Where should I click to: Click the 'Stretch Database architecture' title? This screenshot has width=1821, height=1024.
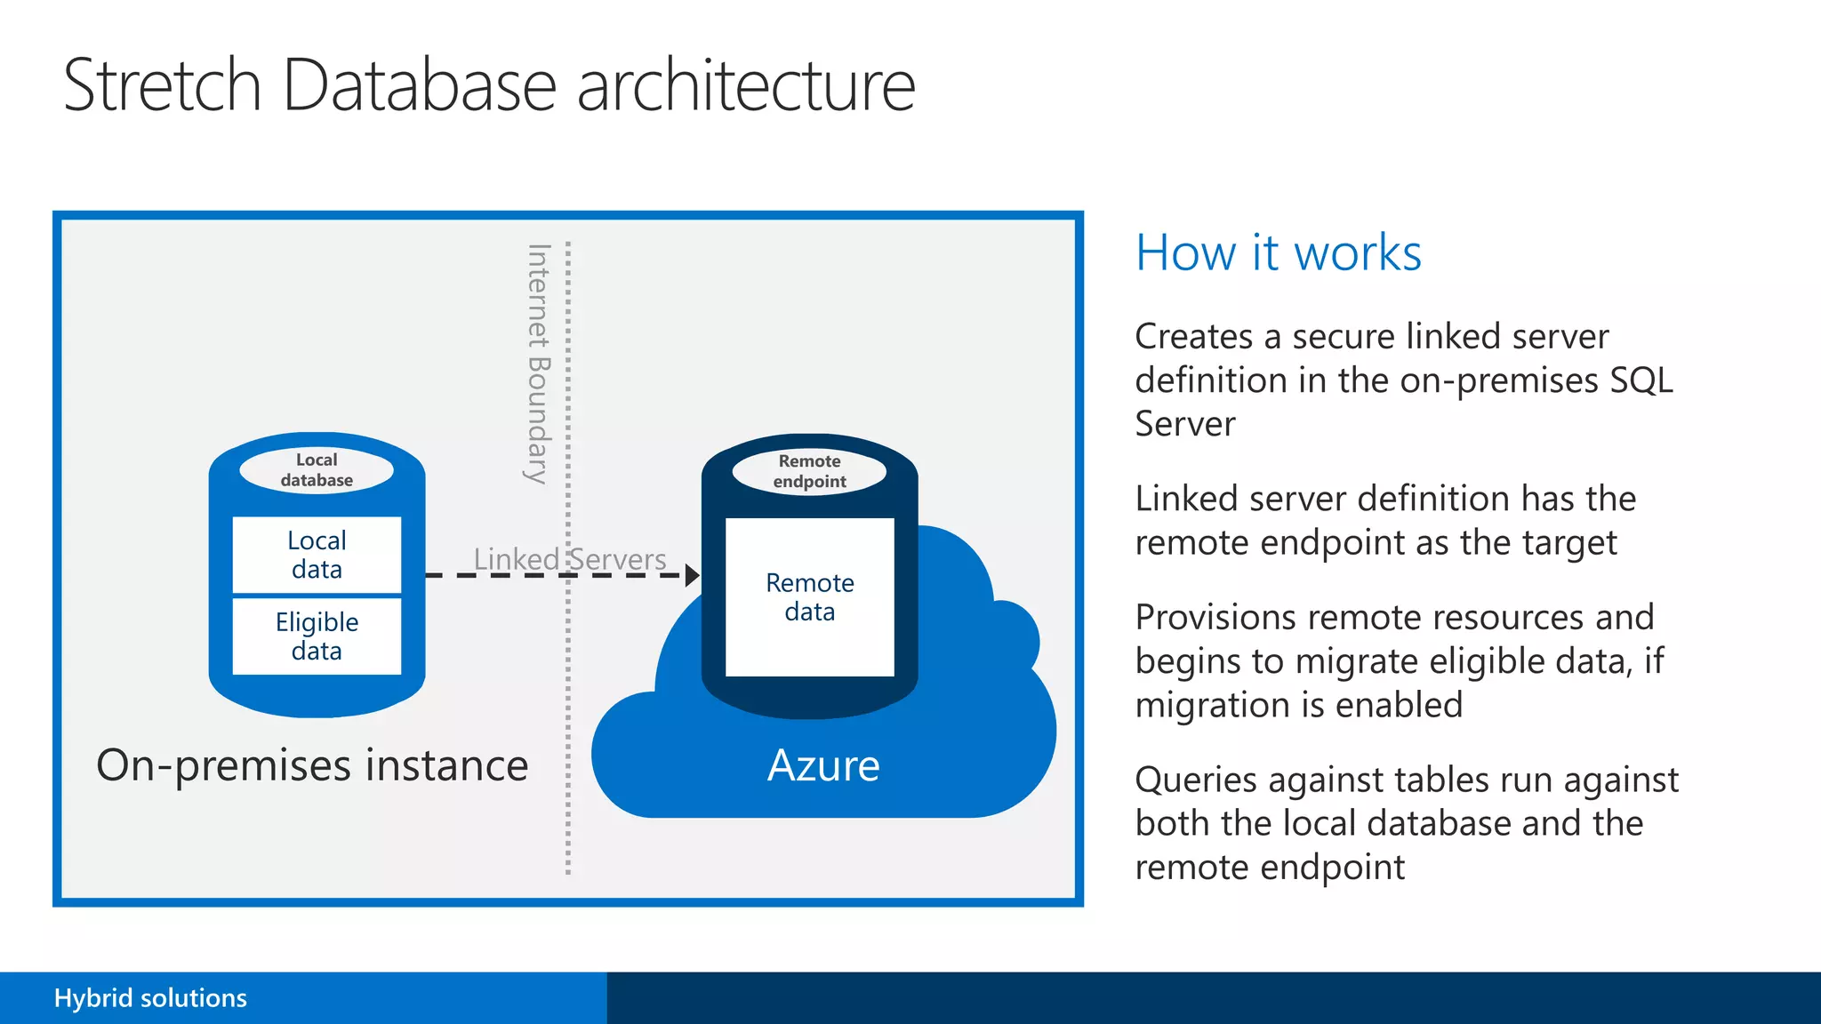pyautogui.click(x=489, y=85)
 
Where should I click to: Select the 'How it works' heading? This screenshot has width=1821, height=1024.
pyautogui.click(x=1278, y=252)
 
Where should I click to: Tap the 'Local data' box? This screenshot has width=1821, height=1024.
pyautogui.click(x=317, y=555)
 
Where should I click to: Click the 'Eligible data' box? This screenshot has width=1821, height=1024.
pyautogui.click(x=317, y=636)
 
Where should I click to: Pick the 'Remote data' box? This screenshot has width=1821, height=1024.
pyautogui.click(x=809, y=596)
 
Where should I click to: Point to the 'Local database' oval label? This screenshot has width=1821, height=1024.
pyautogui.click(x=317, y=469)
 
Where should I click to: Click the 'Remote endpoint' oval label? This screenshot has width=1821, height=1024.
pyautogui.click(x=809, y=471)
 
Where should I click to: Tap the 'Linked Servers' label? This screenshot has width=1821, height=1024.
pyautogui.click(x=569, y=559)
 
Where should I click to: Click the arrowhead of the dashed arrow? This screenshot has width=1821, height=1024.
pyautogui.click(x=692, y=575)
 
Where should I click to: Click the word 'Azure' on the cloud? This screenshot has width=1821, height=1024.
pyautogui.click(x=823, y=765)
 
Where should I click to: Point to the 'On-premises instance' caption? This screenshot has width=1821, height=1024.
pyautogui.click(x=312, y=765)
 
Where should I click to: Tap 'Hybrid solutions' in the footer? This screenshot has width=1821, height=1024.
pyautogui.click(x=150, y=998)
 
